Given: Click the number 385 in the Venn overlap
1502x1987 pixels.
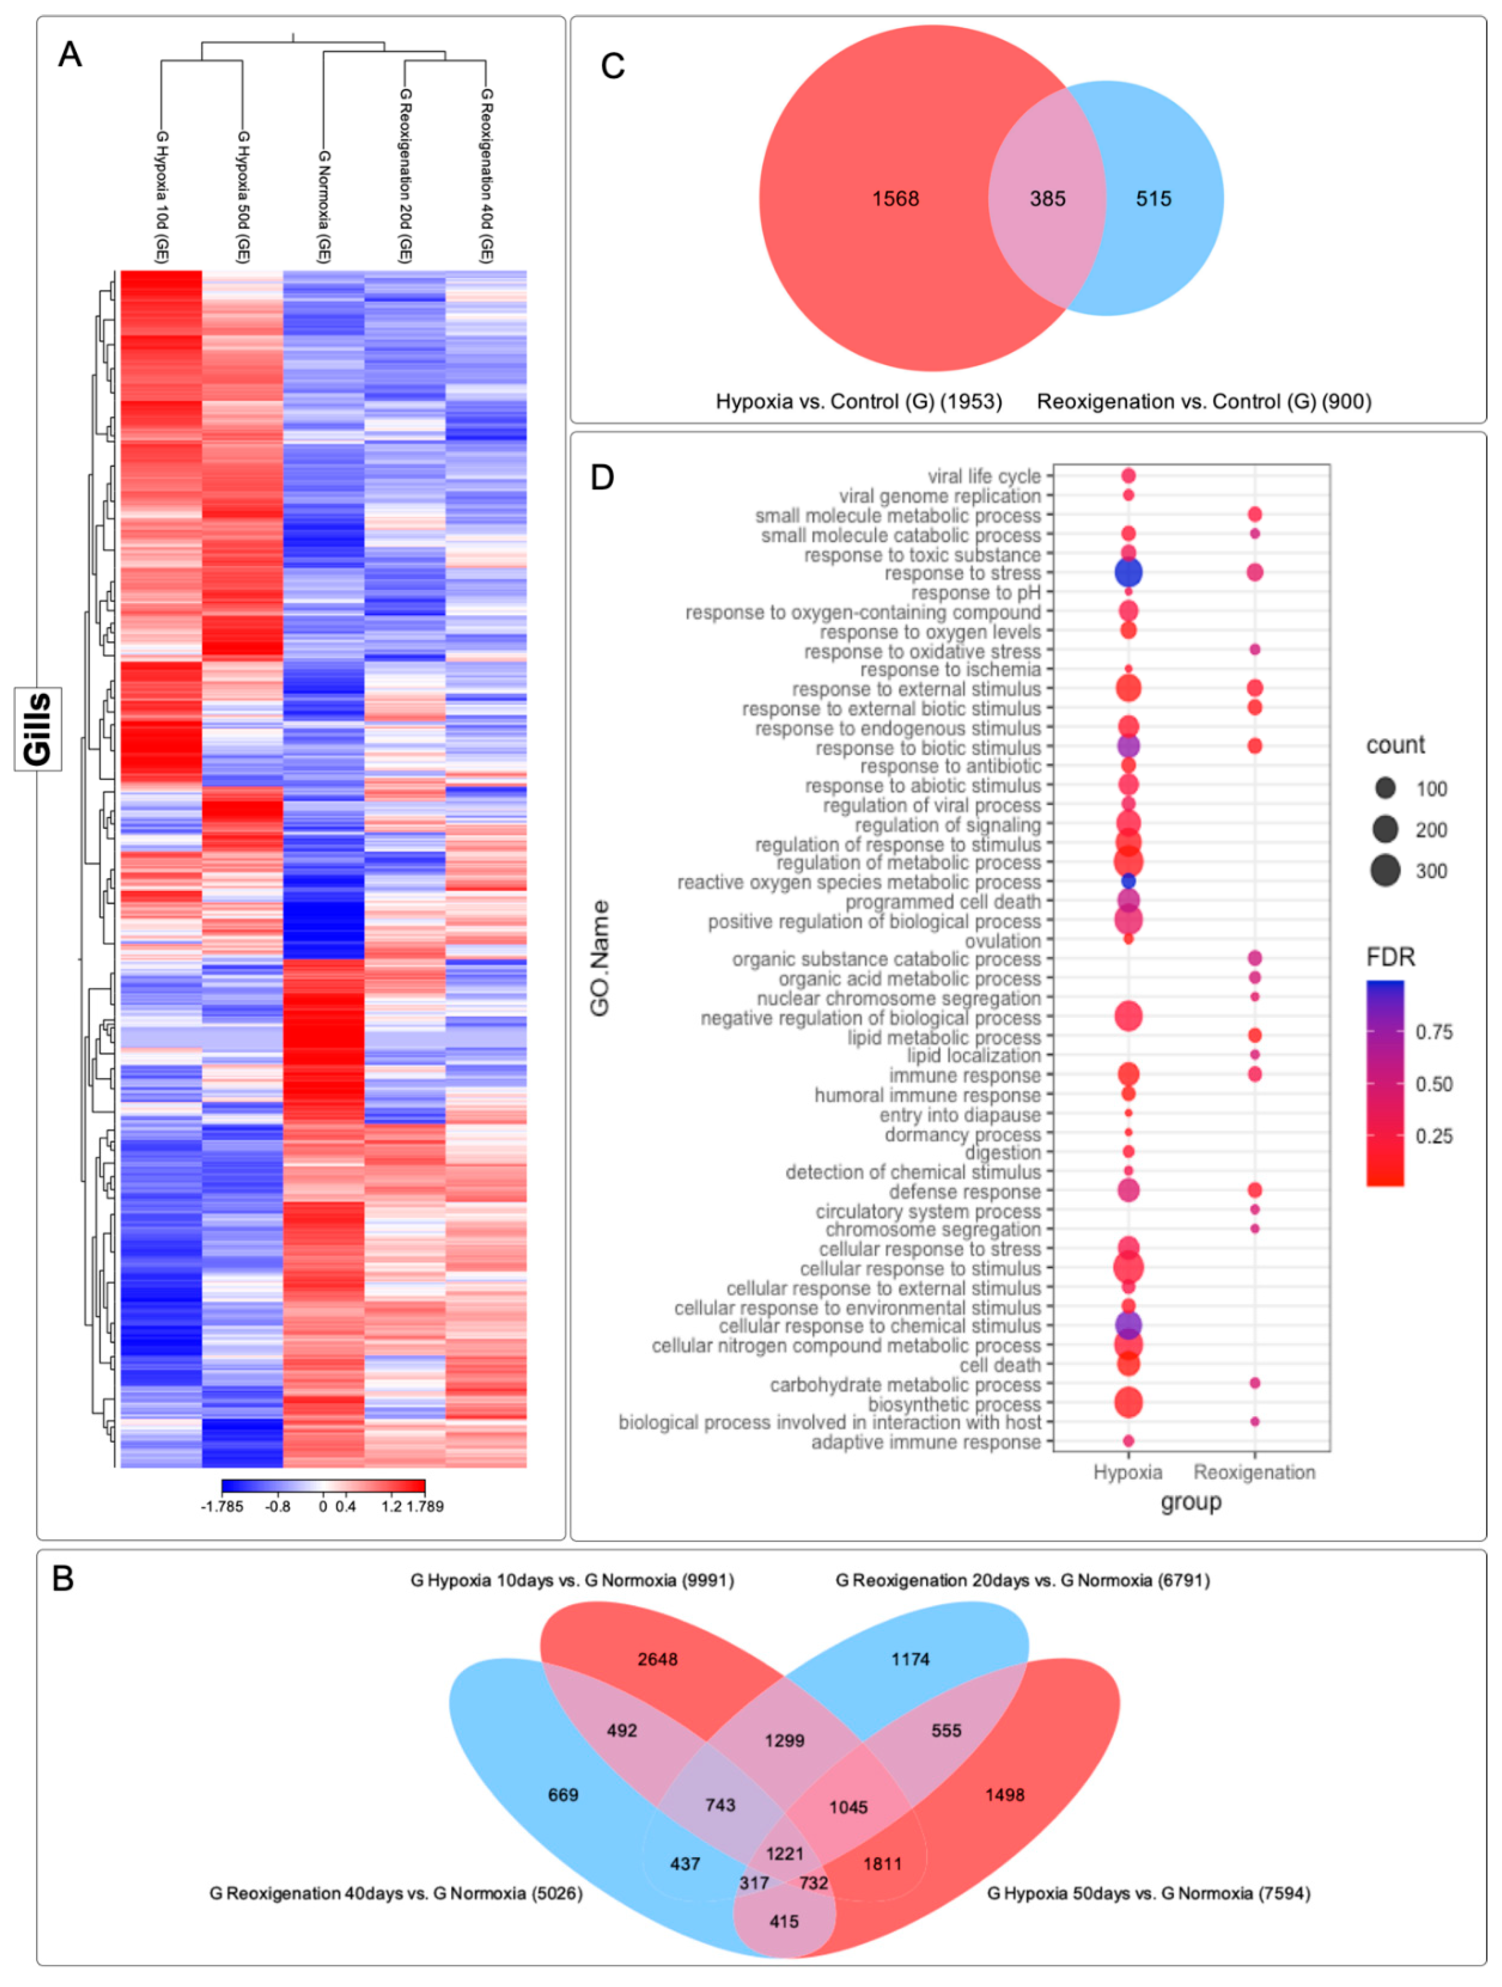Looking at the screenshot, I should (x=1047, y=199).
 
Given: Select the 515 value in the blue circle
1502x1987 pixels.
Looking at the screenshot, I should (x=1153, y=199).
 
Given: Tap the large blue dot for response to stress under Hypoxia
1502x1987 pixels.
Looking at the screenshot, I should (x=1128, y=572).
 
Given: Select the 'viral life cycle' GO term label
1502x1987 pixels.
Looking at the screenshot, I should (x=984, y=476).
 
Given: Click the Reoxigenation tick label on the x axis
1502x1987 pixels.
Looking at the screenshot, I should (x=1254, y=1472).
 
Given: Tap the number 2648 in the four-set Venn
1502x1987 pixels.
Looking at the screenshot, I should (x=658, y=1659).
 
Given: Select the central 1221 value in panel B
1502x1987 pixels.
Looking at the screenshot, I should (x=784, y=1853).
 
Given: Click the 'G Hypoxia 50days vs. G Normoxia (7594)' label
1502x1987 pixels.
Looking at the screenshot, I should (x=1148, y=1893).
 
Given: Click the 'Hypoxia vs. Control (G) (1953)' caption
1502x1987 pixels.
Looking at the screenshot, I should (x=859, y=402).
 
